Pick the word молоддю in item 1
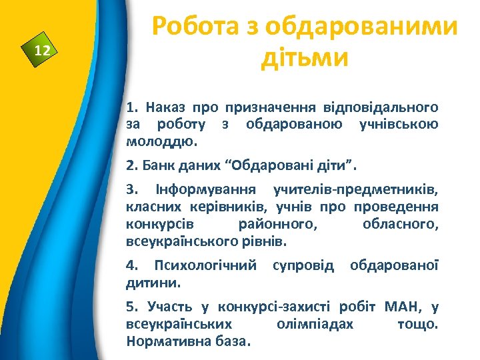point(159,141)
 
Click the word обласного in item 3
point(399,223)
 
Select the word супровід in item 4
point(303,265)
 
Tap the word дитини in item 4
point(152,282)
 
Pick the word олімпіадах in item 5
point(314,324)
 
